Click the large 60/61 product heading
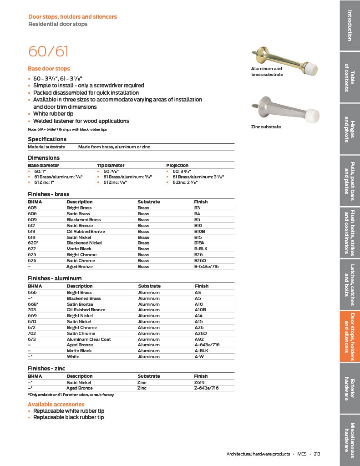[48, 51]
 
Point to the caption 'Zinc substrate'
[266, 127]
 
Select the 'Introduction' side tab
[350, 25]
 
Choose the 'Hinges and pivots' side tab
[350, 129]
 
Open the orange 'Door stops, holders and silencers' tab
[350, 336]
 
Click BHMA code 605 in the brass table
[32, 208]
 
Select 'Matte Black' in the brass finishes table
[79, 249]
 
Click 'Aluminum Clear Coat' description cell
[89, 339]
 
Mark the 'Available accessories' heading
[56, 404]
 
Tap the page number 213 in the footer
[317, 454]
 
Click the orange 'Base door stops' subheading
[49, 69]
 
